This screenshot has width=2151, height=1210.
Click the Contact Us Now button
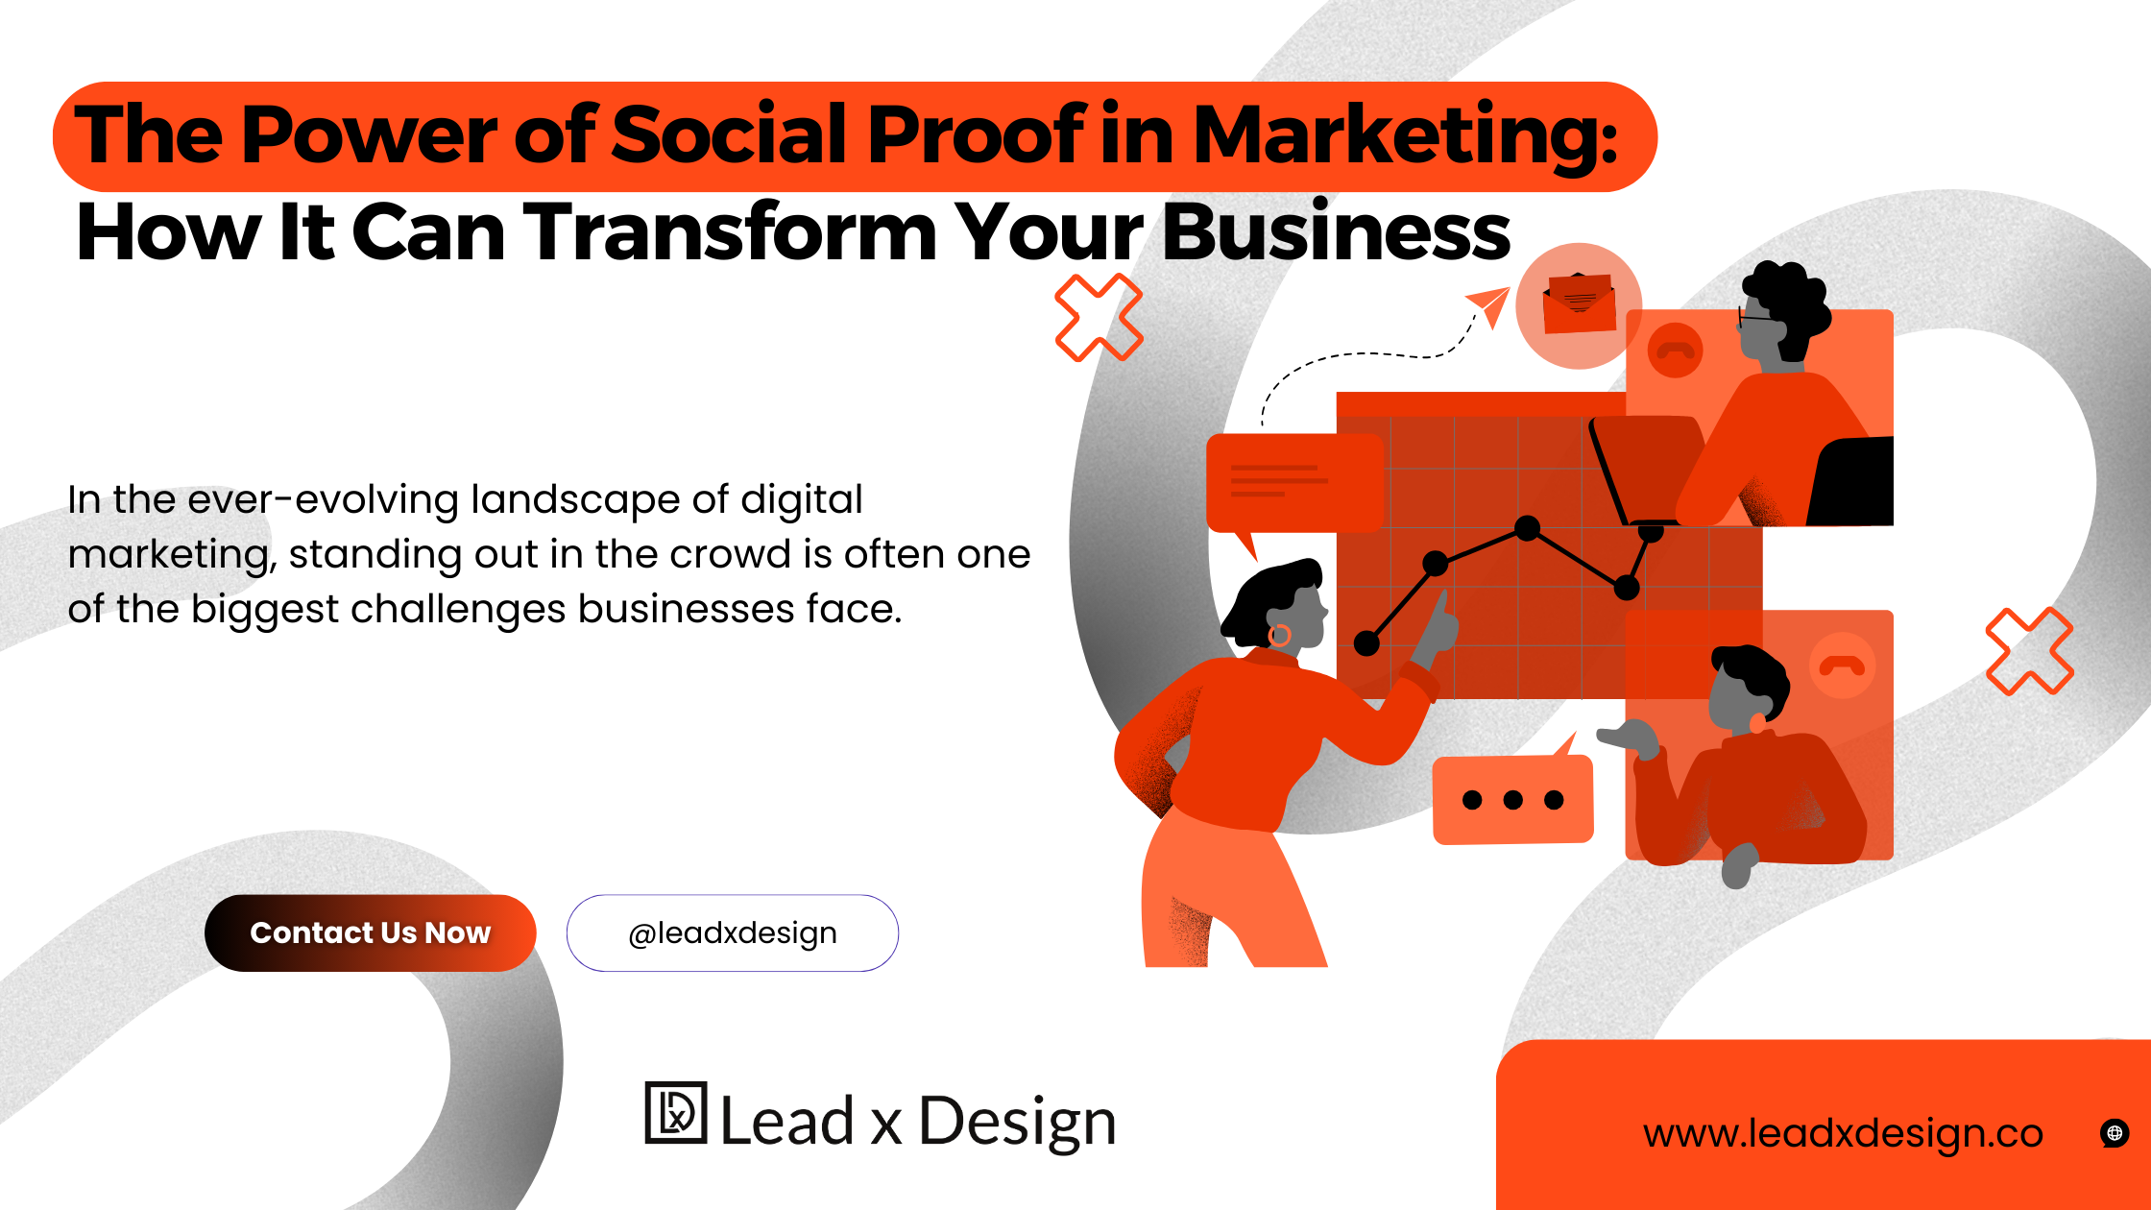[x=370, y=932]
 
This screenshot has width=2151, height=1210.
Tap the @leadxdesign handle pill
[x=732, y=932]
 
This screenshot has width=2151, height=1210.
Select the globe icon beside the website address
[x=2114, y=1133]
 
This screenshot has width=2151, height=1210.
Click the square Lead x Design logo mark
[x=676, y=1113]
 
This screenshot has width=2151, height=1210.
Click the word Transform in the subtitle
[x=730, y=232]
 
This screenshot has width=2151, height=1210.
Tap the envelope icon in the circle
[x=1579, y=304]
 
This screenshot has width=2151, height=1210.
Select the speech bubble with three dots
[x=1512, y=800]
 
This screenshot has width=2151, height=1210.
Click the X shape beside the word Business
[x=1099, y=318]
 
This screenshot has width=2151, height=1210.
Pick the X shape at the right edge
[x=2029, y=651]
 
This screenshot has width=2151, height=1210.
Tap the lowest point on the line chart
[x=1366, y=643]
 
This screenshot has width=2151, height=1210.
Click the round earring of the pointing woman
[x=1279, y=635]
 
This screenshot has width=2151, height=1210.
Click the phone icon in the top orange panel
[x=1675, y=350]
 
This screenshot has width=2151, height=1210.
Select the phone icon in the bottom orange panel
[x=1841, y=665]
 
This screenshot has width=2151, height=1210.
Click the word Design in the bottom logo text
[x=1017, y=1122]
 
